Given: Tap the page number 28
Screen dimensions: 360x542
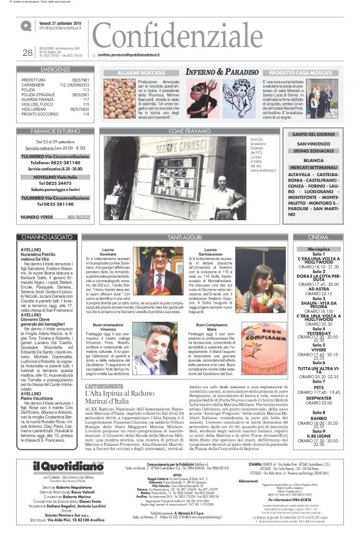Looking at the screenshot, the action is pyautogui.click(x=27, y=53).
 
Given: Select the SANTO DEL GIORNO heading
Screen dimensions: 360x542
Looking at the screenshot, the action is pyautogui.click(x=313, y=135).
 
